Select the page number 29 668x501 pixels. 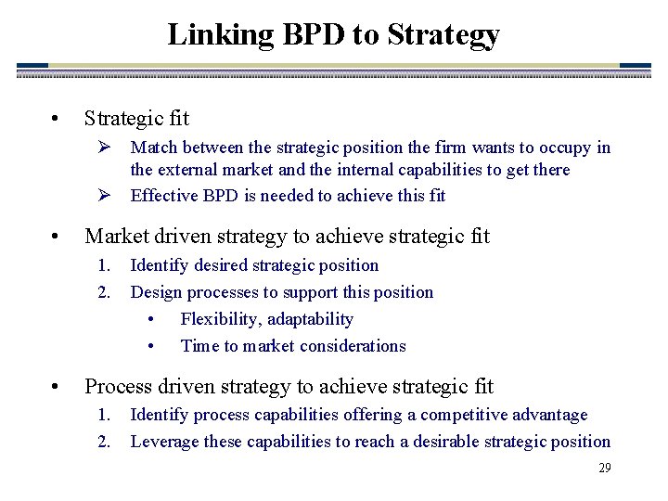tap(604, 468)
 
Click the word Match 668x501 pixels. tap(154, 148)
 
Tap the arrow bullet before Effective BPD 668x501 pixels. tap(105, 195)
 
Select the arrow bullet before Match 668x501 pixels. tap(105, 148)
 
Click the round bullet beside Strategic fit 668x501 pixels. tap(57, 119)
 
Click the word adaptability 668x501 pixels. tap(313, 319)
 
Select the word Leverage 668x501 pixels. tap(165, 442)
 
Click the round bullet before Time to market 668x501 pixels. tap(151, 346)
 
